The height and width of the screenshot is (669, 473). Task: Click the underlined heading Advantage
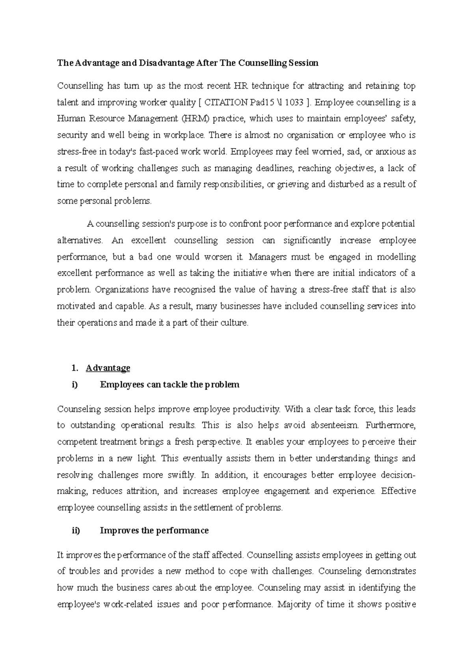[x=108, y=368]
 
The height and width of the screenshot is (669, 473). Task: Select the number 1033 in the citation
[x=294, y=102]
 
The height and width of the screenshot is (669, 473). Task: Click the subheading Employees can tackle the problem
[x=169, y=385]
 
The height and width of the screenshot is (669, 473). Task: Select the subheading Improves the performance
[x=154, y=530]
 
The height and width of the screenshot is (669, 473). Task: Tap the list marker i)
[x=75, y=385]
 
